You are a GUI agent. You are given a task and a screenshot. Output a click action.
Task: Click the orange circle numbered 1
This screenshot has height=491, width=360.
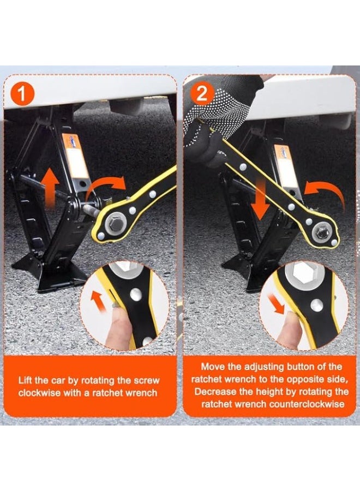pos(22,94)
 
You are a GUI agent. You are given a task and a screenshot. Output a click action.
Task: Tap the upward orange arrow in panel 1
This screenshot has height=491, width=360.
pos(50,188)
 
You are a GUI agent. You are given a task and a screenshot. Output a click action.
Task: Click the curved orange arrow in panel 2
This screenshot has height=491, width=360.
pos(326,191)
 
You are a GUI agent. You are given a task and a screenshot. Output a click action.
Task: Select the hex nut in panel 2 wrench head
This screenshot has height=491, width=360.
pos(321,232)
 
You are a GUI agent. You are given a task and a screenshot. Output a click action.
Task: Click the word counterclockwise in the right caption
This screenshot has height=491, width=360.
pos(307,404)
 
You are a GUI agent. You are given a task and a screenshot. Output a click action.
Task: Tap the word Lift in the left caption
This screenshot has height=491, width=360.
pos(25,380)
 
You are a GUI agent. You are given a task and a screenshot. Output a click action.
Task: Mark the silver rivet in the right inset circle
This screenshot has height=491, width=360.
pos(317,305)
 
